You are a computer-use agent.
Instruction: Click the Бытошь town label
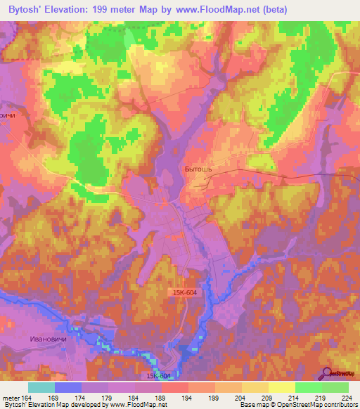coord(199,169)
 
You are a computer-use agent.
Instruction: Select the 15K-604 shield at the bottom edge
coord(161,376)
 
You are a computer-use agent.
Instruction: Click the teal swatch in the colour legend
coord(41,387)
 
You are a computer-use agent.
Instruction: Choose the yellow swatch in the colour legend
coord(281,387)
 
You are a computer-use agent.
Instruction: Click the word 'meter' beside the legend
coord(11,398)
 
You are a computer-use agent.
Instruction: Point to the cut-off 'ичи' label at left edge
coord(8,115)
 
